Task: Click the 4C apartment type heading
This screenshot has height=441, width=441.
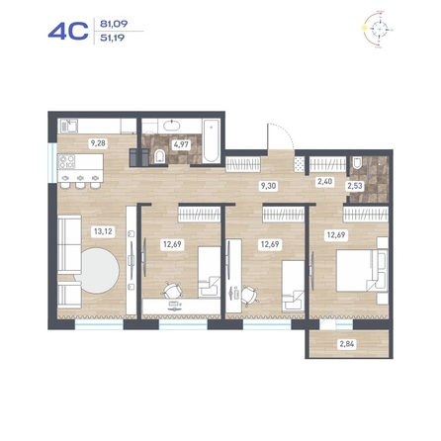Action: tap(68, 32)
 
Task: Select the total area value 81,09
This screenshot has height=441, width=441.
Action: tap(114, 24)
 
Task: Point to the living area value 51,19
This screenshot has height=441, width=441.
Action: tap(113, 38)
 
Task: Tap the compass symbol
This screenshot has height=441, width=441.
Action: tap(379, 30)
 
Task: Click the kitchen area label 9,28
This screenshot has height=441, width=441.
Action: tap(98, 143)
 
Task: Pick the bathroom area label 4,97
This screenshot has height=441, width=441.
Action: tap(181, 144)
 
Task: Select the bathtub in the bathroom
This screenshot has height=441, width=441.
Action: tap(211, 140)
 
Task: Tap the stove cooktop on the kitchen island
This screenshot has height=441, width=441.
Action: tap(66, 161)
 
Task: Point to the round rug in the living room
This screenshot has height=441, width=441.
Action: tap(98, 270)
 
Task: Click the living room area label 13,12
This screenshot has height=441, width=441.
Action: tap(103, 231)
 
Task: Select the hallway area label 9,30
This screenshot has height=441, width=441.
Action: tap(268, 186)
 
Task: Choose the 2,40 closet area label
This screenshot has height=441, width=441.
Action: tap(324, 181)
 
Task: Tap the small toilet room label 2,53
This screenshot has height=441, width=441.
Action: tap(355, 186)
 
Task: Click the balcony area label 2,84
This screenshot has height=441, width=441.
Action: tap(347, 344)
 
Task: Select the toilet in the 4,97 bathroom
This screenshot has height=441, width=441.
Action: tap(160, 156)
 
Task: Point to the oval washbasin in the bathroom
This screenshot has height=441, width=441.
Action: tap(172, 126)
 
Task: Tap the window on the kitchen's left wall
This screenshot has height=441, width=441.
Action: tap(52, 163)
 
